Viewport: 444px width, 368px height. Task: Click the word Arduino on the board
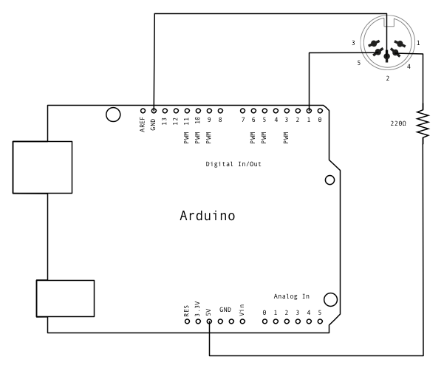[x=208, y=216]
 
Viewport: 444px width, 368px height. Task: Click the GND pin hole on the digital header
[x=154, y=110]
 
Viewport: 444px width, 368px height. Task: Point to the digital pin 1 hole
[x=309, y=110]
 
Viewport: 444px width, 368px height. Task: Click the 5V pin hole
[x=209, y=321]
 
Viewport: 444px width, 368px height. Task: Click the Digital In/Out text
[x=233, y=163]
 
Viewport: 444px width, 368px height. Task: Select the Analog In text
[x=292, y=296]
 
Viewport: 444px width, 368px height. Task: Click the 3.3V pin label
[x=198, y=308]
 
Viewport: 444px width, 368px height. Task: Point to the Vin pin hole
[x=242, y=321]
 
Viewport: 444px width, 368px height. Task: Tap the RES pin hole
[x=187, y=321]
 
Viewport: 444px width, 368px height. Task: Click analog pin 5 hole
[x=320, y=321]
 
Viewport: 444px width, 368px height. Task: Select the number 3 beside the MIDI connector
[x=354, y=44]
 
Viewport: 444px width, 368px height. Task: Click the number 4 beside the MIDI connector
[x=409, y=67]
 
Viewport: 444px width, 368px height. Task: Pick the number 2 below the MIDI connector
[x=387, y=78]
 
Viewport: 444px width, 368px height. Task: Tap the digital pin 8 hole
[x=220, y=110]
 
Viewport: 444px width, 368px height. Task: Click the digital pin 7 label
[x=242, y=120]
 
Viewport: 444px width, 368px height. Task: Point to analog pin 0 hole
[x=264, y=321]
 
